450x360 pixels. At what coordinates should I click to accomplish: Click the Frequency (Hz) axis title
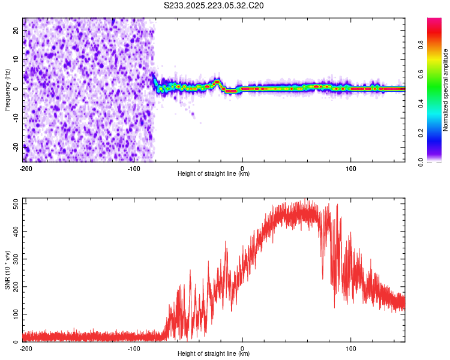point(7,90)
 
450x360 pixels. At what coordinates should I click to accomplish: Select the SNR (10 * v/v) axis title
point(7,270)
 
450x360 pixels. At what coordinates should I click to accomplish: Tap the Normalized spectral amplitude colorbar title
point(445,90)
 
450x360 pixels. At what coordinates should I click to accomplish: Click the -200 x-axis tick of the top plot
point(25,168)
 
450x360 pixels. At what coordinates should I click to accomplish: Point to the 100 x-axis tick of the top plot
point(351,168)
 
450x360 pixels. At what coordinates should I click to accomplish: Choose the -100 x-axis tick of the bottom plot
point(134,348)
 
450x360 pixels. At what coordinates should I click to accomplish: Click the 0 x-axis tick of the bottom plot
point(242,348)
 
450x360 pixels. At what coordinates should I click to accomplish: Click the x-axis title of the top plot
point(214,174)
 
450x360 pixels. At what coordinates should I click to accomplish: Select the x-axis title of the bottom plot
point(214,354)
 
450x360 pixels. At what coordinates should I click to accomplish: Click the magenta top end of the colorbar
point(434,21)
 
